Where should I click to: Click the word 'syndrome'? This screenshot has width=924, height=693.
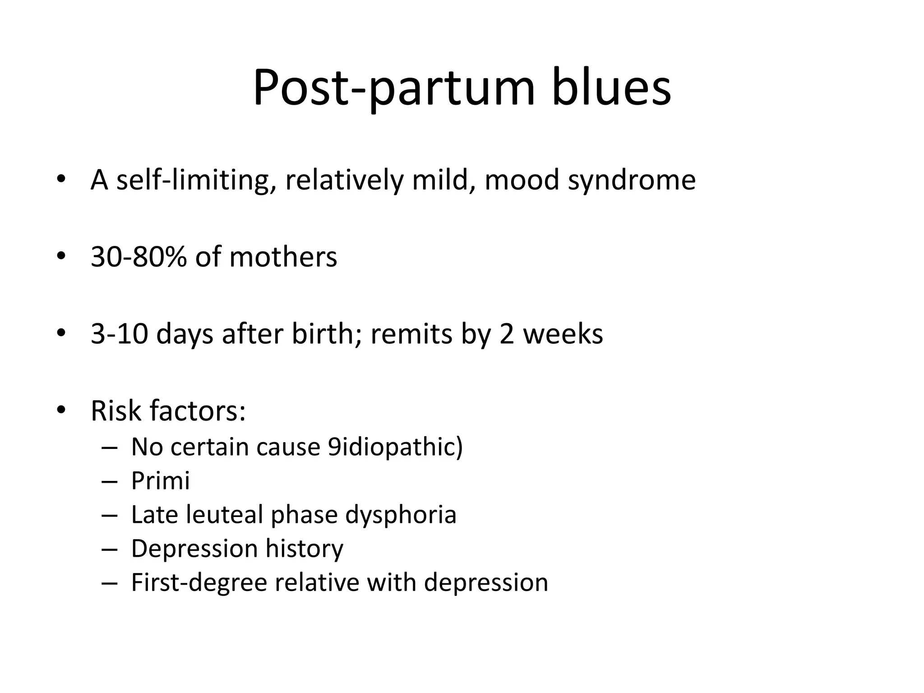[x=632, y=180]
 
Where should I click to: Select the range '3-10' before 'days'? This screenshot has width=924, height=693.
[x=119, y=334]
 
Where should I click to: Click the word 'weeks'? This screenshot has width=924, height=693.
[x=563, y=334]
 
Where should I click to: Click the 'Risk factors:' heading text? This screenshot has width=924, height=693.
[x=168, y=411]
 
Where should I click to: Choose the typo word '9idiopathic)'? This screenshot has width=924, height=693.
[x=395, y=447]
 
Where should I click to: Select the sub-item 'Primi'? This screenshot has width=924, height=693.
[x=160, y=480]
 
